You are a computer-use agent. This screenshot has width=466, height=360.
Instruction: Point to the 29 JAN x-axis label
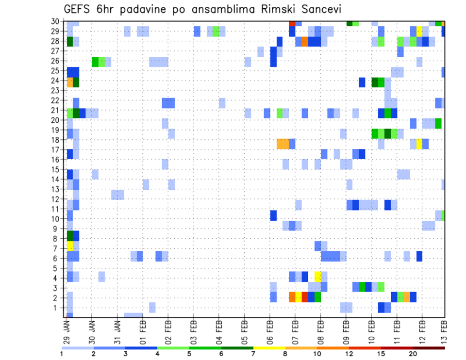[67, 331]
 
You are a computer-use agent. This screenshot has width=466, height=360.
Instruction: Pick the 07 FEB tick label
[295, 331]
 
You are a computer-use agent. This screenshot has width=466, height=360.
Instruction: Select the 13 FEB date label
[443, 331]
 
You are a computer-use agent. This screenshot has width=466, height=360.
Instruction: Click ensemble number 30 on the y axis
[57, 21]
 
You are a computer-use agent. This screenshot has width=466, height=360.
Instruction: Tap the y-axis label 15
[57, 169]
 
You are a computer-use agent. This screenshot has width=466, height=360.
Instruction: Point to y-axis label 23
[57, 90]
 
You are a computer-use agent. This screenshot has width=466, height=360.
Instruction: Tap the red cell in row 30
[292, 23]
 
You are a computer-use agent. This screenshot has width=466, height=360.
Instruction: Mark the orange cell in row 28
[305, 42]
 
